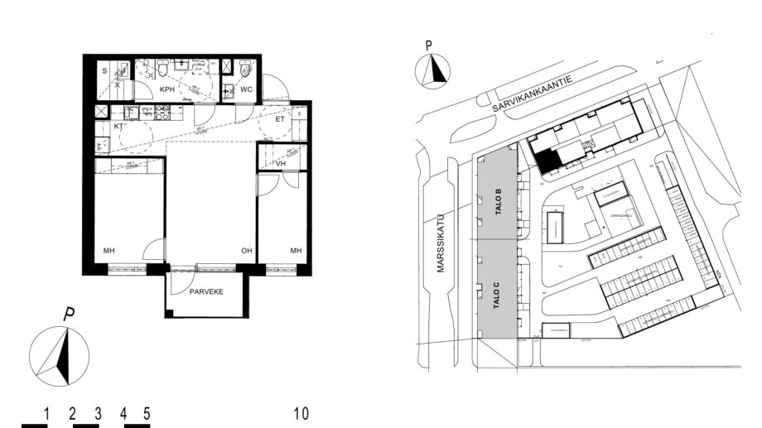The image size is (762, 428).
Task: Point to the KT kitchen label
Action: [x=118, y=126]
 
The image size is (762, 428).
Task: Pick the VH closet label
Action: [x=281, y=163]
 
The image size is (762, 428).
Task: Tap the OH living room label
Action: [x=246, y=251]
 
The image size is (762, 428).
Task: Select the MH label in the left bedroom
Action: [x=109, y=251]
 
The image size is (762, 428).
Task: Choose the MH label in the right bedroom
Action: [x=295, y=251]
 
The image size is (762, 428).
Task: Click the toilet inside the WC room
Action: [x=244, y=70]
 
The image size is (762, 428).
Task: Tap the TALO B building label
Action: [x=499, y=204]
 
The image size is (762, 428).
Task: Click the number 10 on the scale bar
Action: [x=301, y=412]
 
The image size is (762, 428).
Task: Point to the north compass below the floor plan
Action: [x=60, y=356]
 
